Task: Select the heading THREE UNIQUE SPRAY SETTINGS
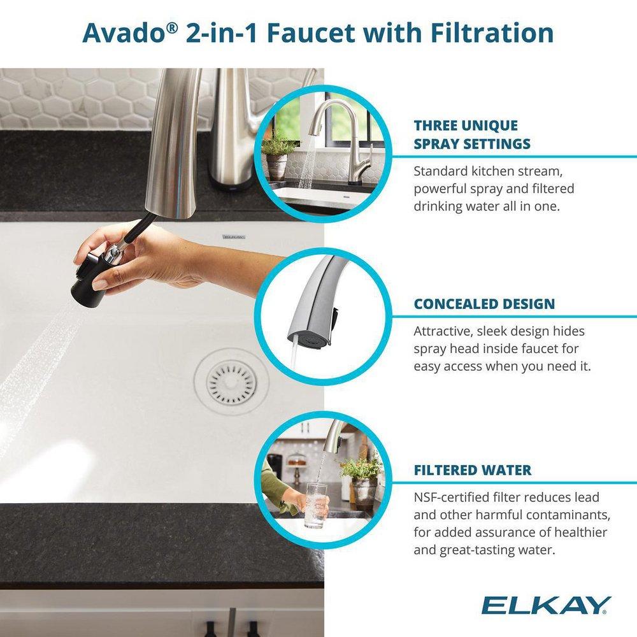(472, 134)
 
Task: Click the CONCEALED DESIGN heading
(484, 304)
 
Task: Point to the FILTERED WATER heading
(473, 471)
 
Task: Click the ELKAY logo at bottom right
(546, 605)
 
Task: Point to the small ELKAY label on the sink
(233, 236)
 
